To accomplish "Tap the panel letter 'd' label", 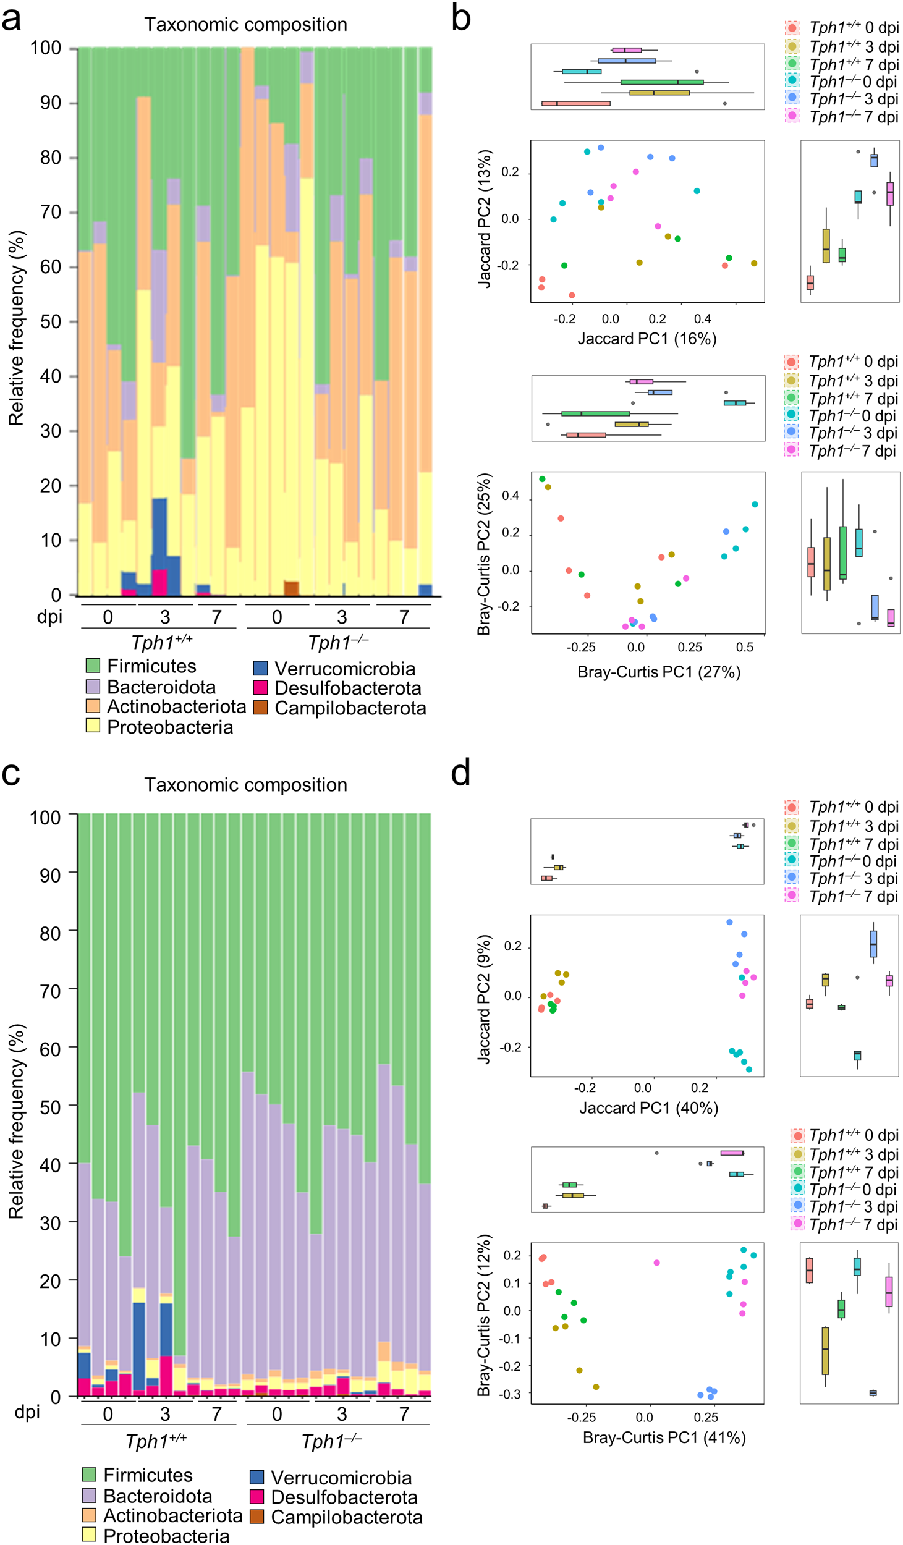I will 460,773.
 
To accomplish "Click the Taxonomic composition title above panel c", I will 245,785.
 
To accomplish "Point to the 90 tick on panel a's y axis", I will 51,103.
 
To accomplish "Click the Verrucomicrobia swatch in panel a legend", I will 260,668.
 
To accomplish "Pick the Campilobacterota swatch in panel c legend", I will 257,1517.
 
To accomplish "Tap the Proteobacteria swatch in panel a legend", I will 93,726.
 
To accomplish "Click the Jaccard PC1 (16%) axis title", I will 647,339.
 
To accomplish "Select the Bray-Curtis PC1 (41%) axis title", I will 664,1437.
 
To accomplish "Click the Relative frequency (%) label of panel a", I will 17,328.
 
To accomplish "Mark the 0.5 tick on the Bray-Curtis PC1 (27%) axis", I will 744,647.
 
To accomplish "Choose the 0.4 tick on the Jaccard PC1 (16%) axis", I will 702,319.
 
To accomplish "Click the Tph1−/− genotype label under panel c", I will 331,1442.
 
